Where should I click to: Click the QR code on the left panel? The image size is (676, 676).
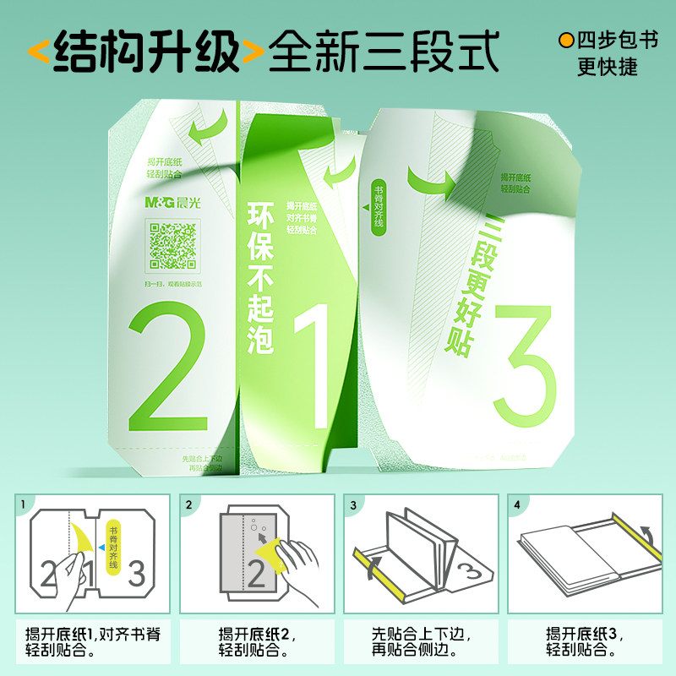[172, 245]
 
